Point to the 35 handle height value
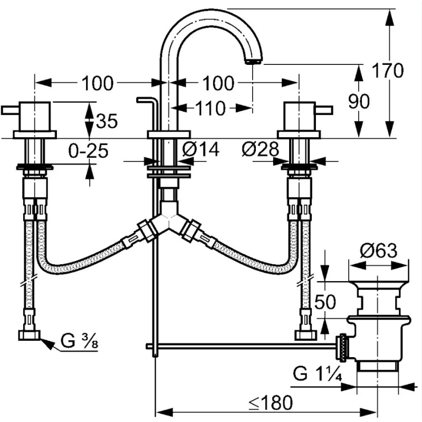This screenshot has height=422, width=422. click(x=107, y=121)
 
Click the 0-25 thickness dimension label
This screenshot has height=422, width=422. click(x=89, y=151)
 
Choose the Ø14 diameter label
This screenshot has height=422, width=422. click(x=200, y=150)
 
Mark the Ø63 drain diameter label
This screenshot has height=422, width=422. click(x=378, y=251)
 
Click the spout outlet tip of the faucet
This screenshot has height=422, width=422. click(x=253, y=61)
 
